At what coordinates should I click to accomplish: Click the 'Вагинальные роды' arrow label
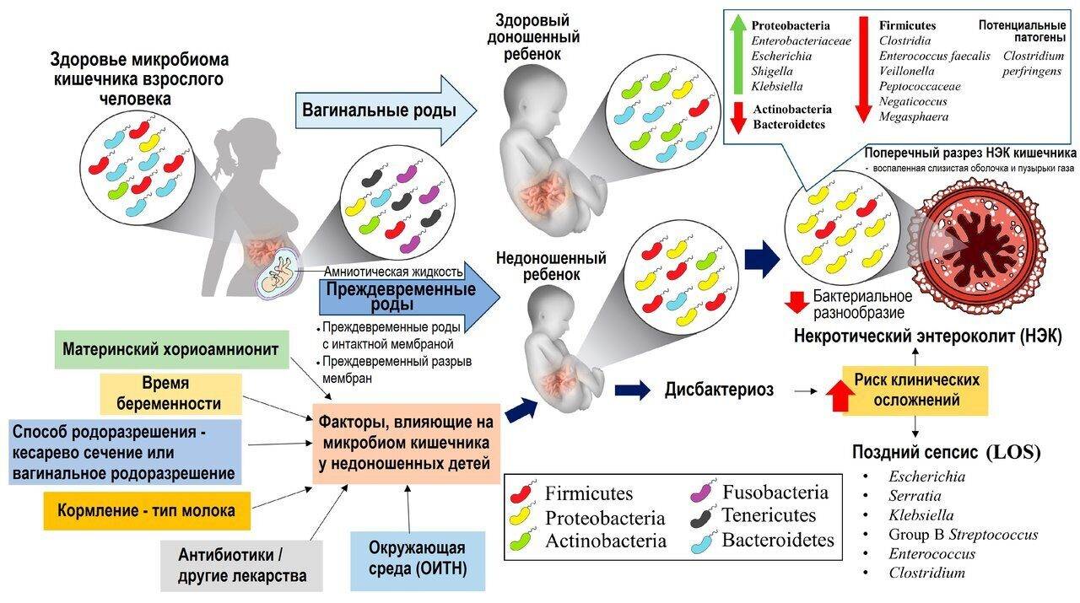[x=379, y=110]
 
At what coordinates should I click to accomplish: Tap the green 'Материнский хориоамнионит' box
[x=171, y=349]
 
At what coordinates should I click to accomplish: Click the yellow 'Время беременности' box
[x=170, y=394]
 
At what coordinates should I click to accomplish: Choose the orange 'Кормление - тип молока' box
[x=147, y=510]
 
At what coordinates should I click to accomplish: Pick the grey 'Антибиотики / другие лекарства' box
[x=241, y=565]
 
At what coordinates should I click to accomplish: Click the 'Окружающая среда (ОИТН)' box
[x=418, y=561]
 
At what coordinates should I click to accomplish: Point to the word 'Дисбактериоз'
[x=719, y=390]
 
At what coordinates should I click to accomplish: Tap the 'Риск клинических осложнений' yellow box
[x=915, y=390]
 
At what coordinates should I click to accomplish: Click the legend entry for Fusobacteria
[x=761, y=493]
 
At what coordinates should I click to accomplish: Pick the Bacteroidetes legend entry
[x=763, y=541]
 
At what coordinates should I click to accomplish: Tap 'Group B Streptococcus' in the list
[x=963, y=534]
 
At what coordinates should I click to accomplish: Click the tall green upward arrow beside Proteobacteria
[x=737, y=54]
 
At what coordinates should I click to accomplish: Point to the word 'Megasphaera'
[x=914, y=116]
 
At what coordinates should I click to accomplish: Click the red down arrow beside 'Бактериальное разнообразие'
[x=796, y=303]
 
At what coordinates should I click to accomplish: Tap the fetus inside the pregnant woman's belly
[x=278, y=272]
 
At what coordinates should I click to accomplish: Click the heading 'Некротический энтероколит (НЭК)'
[x=927, y=336]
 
